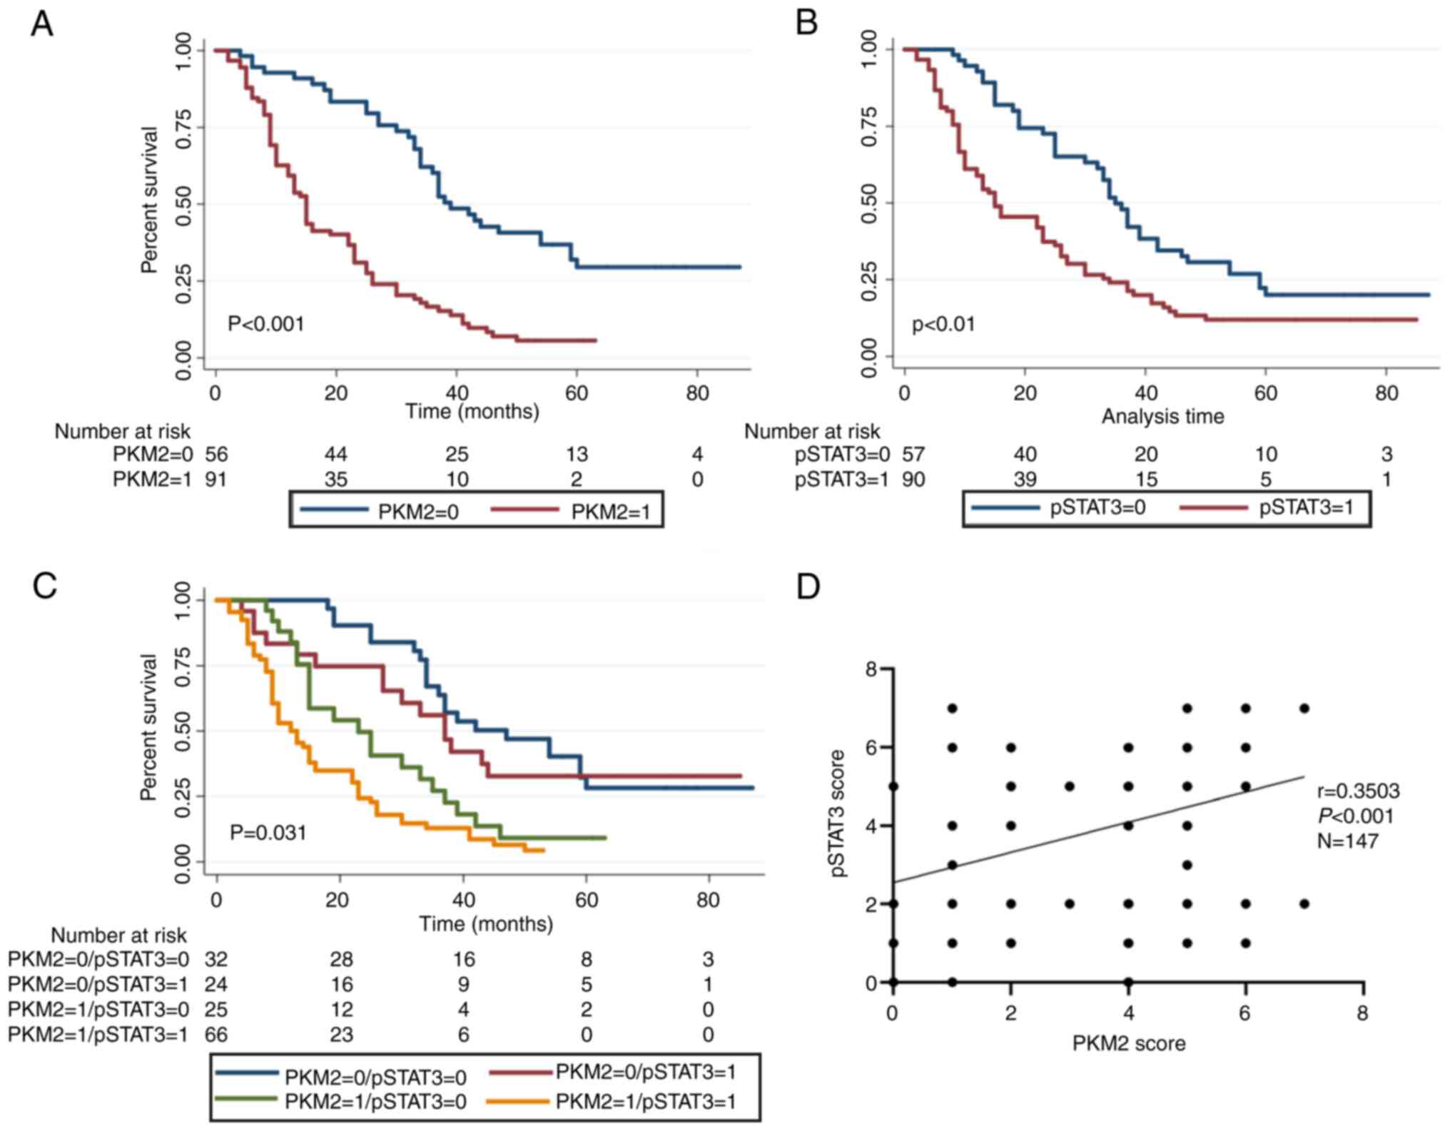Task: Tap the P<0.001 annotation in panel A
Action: point(265,324)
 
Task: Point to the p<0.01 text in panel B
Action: point(943,325)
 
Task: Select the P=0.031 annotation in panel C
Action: point(268,832)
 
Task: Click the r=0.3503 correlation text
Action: point(1358,791)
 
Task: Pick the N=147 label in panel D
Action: point(1347,841)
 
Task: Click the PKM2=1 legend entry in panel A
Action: point(611,512)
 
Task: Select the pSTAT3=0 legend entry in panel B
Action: point(1097,509)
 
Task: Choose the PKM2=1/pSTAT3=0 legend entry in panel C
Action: point(375,1101)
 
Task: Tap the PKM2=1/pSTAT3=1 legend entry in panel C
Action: point(645,1101)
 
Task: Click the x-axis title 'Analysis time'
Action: point(1162,416)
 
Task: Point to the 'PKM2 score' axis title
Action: point(1128,1043)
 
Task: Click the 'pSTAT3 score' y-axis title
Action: point(838,813)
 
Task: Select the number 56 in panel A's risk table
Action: point(216,455)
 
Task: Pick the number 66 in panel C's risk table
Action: point(216,1035)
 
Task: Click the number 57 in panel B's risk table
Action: point(913,455)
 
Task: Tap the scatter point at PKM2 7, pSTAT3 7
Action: point(1304,708)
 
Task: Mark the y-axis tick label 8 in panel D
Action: point(871,669)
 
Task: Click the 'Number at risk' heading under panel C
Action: point(118,935)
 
